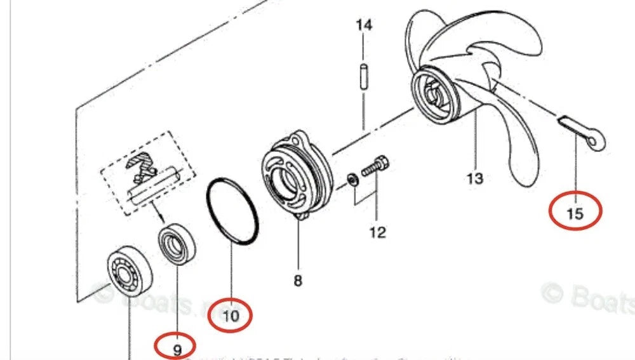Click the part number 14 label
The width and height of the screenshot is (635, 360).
tap(363, 25)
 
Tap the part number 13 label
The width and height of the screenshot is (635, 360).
tap(474, 178)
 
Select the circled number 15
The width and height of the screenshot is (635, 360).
tap(575, 213)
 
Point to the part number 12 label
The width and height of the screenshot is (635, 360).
tap(377, 232)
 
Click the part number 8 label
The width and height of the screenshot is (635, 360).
tap(298, 280)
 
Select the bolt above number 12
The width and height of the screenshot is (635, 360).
tap(375, 166)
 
